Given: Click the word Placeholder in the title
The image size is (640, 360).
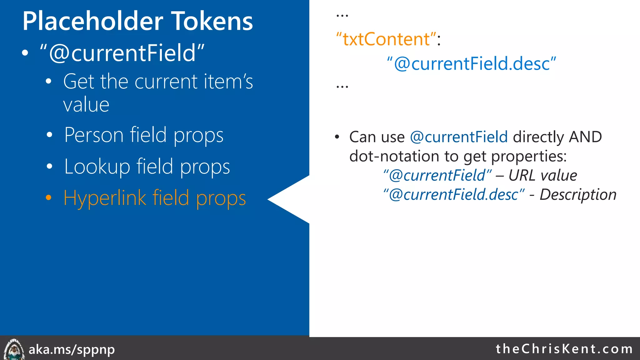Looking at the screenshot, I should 92,21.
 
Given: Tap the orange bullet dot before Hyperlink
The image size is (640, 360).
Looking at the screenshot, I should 48,198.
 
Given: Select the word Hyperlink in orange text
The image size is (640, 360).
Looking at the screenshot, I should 105,198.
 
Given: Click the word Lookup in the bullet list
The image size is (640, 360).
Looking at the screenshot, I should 97,167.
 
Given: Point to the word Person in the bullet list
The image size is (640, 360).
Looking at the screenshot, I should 94,135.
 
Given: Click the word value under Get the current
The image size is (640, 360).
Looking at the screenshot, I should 86,105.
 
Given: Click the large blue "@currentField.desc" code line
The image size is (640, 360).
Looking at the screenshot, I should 471,64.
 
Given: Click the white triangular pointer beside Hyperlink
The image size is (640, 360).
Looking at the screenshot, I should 291,199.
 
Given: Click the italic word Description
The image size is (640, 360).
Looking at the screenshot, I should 578,195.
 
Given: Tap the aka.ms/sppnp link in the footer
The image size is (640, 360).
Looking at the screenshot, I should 72,349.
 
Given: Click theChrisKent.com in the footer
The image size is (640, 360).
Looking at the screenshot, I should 564,349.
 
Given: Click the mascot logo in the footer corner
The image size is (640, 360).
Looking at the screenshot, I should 13,349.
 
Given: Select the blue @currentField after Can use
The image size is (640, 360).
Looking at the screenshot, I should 459,137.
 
